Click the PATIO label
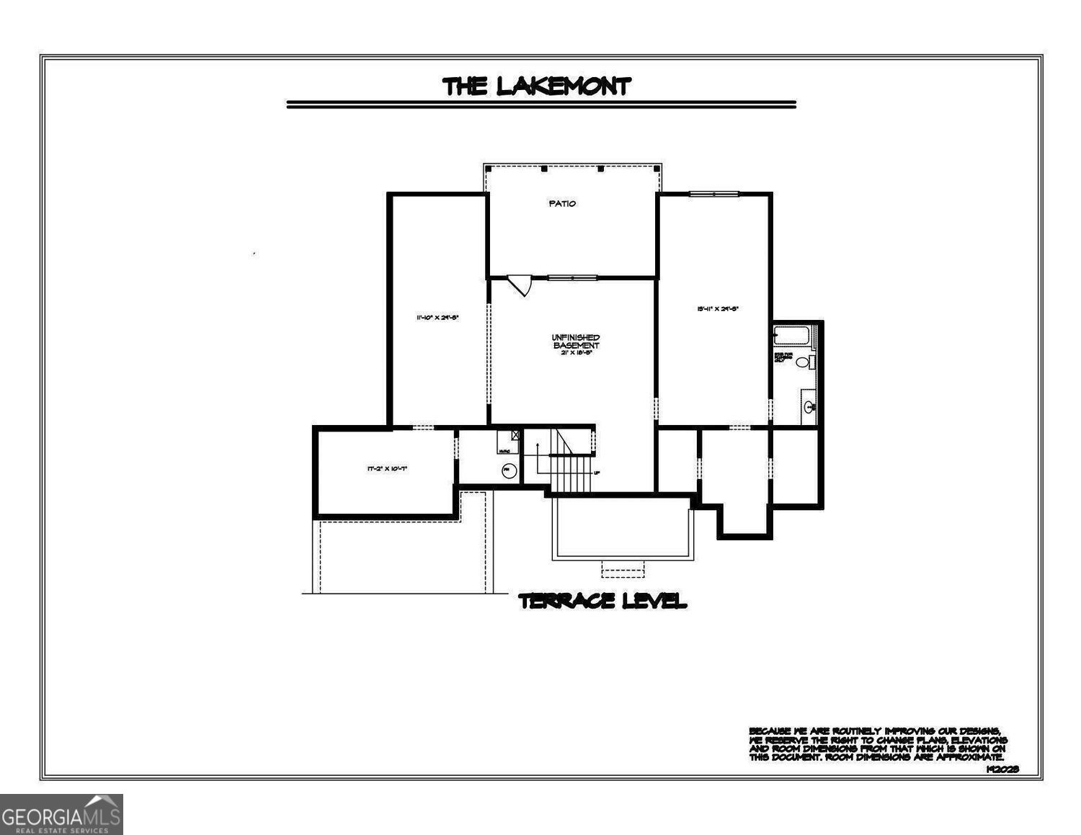(562, 204)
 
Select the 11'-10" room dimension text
(437, 317)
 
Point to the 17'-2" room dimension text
(387, 469)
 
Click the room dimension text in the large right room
(717, 309)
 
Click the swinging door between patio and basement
(520, 284)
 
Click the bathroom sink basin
(810, 407)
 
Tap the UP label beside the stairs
(596, 473)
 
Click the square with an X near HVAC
(515, 435)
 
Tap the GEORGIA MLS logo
(61, 814)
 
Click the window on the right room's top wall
(713, 193)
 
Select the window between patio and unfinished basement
(572, 277)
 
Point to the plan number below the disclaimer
(1002, 769)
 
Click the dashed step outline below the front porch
(623, 569)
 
